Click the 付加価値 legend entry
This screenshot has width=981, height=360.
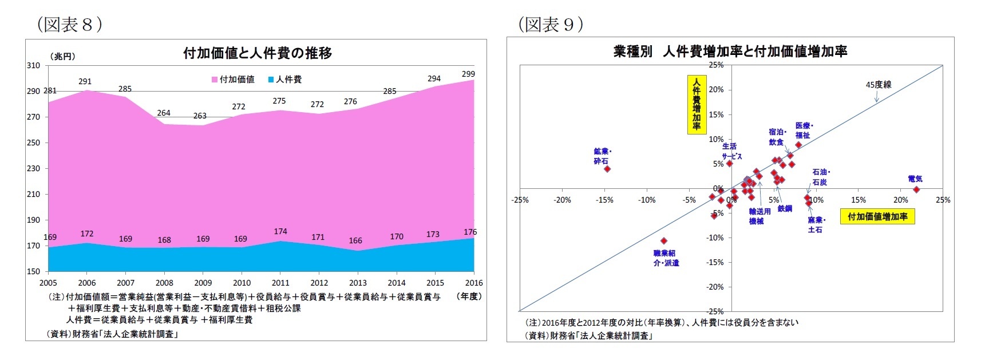[x=234, y=80]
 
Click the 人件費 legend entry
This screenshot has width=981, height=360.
[x=285, y=80]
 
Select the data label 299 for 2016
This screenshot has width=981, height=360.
[x=468, y=74]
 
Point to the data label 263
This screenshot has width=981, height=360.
[x=200, y=116]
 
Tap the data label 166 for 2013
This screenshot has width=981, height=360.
[x=355, y=240]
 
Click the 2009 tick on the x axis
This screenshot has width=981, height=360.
[x=203, y=283]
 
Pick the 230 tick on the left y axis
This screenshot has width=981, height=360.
[x=33, y=168]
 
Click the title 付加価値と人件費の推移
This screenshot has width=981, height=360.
[x=257, y=53]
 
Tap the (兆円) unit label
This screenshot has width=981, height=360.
[x=63, y=56]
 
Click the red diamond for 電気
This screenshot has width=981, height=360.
[x=916, y=189]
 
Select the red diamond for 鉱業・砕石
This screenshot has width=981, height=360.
[x=607, y=169]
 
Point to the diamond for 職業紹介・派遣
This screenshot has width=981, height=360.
[x=664, y=241]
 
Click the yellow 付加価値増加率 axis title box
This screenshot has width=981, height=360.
[x=877, y=217]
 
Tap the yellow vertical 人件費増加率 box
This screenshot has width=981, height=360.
[x=697, y=105]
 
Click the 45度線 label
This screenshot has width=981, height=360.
[x=878, y=85]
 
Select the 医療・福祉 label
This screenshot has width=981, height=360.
[x=804, y=130]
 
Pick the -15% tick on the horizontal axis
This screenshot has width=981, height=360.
[x=604, y=200]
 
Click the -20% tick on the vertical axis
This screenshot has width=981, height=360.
[x=715, y=287]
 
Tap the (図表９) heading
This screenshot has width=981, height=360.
[x=551, y=24]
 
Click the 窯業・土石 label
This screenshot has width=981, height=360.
[x=816, y=224]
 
